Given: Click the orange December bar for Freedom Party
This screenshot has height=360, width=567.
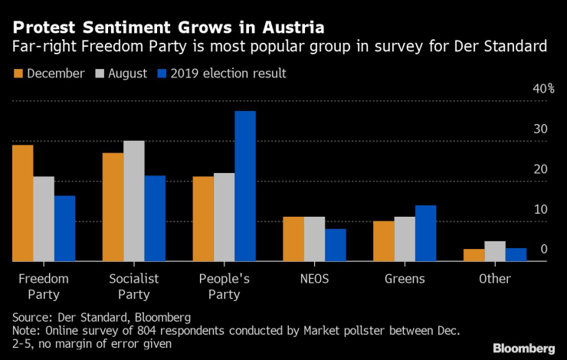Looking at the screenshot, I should pyautogui.click(x=22, y=203).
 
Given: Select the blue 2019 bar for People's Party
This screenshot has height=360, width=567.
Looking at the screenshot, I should pyautogui.click(x=245, y=186).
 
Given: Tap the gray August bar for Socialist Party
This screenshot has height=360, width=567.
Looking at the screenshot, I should pyautogui.click(x=133, y=201).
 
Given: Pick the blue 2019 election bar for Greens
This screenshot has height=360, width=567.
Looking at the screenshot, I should pyautogui.click(x=425, y=234).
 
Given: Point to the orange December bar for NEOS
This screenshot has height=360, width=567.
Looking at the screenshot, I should pyautogui.click(x=293, y=239).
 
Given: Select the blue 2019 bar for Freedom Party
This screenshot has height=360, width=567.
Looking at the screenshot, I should pyautogui.click(x=64, y=228).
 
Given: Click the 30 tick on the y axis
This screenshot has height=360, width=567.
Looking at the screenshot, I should pyautogui.click(x=541, y=129).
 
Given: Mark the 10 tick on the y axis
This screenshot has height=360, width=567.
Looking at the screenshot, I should pyautogui.click(x=541, y=209).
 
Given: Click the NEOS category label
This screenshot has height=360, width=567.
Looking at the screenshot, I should pyautogui.click(x=314, y=279).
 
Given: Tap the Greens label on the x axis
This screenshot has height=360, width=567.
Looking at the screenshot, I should pyautogui.click(x=405, y=279).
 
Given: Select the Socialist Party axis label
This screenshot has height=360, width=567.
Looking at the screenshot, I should pyautogui.click(x=133, y=286).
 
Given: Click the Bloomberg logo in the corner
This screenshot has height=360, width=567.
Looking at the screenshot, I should pyautogui.click(x=525, y=347).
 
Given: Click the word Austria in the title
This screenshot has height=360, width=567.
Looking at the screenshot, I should pyautogui.click(x=288, y=27).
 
